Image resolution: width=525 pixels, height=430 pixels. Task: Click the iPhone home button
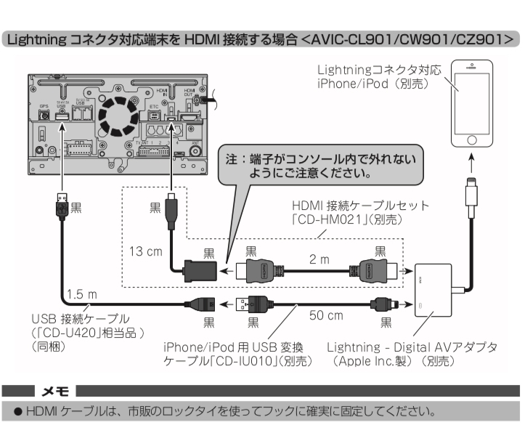(x=471, y=138)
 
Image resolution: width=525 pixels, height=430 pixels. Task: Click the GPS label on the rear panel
(x=44, y=106)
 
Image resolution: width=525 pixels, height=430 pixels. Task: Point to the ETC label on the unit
(x=154, y=106)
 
